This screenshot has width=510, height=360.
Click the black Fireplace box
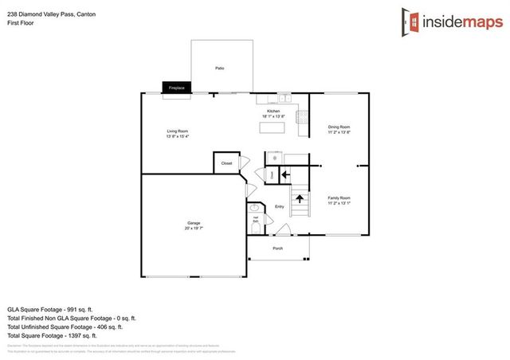click(x=175, y=88)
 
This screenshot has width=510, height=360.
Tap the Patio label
click(x=219, y=69)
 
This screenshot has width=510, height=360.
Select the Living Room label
click(x=177, y=132)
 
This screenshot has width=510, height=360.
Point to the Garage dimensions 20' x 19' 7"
click(x=194, y=229)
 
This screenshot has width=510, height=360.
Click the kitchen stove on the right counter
click(x=302, y=117)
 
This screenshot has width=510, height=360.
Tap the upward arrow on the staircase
click(x=300, y=198)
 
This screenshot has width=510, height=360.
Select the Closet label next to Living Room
click(x=226, y=163)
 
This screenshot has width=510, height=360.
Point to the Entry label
click(x=279, y=207)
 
